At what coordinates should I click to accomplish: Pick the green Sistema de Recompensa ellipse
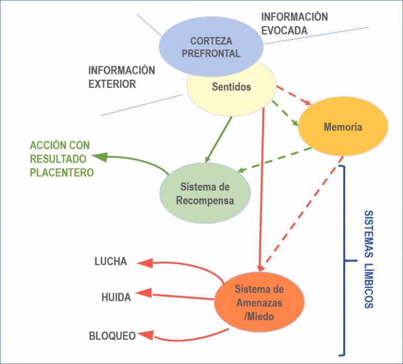[205, 194]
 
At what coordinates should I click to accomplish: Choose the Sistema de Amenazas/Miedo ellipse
[259, 303]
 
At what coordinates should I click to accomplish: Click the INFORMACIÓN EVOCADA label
[294, 24]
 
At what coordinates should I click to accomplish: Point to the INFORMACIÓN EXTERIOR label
[122, 77]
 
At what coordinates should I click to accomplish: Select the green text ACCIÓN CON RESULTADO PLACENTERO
[60, 159]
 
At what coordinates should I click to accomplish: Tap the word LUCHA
[111, 261]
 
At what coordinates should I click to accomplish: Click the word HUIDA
[116, 297]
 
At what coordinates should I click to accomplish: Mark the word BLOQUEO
[111, 335]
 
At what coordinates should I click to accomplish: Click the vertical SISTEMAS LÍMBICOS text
[368, 259]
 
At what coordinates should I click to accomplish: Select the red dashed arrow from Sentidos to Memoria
[294, 95]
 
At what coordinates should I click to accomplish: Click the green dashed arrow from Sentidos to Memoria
[285, 113]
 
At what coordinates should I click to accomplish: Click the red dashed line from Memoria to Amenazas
[304, 210]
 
